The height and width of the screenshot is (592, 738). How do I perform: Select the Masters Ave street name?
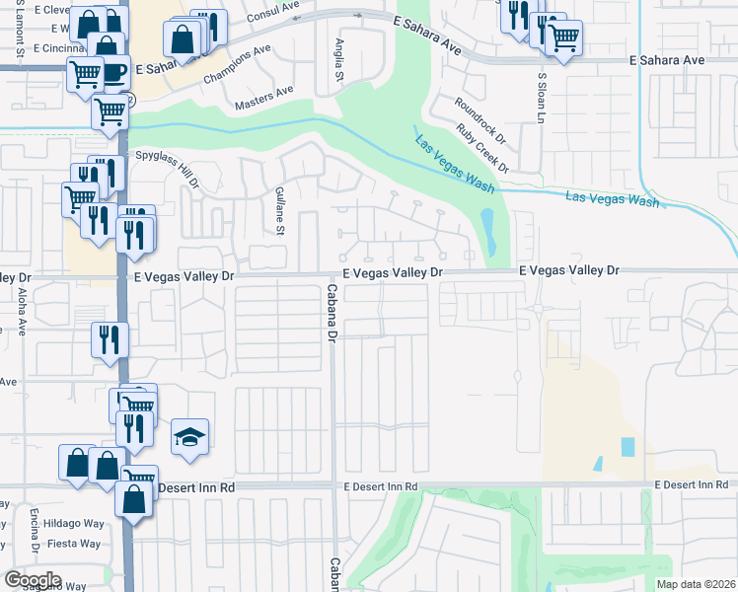tap(264, 97)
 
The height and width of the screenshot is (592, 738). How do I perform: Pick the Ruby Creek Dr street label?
tap(483, 148)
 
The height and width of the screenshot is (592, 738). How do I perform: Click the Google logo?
tap(32, 580)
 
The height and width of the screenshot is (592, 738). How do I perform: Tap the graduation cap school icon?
tap(190, 437)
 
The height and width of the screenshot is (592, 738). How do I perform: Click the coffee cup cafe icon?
tap(112, 71)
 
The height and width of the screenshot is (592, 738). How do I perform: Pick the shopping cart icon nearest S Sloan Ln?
tap(562, 38)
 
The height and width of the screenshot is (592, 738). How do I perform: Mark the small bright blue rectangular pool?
tap(628, 446)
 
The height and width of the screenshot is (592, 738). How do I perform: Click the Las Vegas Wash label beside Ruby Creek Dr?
tap(455, 163)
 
